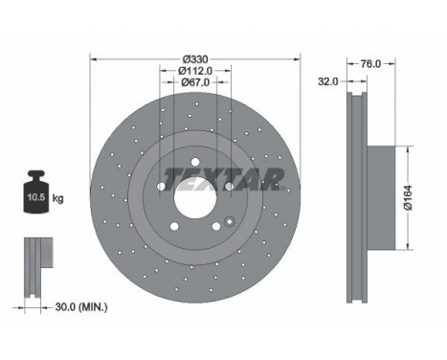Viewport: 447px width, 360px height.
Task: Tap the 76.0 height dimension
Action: click(370, 64)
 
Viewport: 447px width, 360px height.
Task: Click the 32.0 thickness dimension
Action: click(327, 82)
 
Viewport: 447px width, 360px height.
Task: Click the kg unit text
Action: click(58, 199)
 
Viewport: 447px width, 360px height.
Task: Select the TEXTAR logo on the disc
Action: click(223, 179)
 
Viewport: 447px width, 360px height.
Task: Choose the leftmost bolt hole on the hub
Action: click(161, 186)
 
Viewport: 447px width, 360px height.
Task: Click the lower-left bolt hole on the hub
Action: click(174, 227)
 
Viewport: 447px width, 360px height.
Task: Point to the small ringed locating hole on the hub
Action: click(231, 223)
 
